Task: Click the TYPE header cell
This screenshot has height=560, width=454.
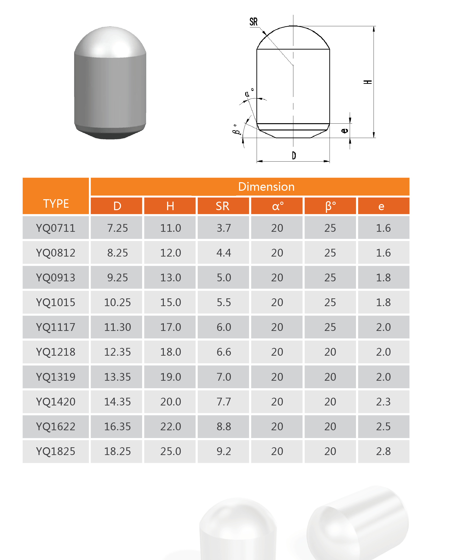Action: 56,196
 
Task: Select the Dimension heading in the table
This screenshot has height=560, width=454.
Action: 266,187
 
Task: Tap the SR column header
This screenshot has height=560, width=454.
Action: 223,206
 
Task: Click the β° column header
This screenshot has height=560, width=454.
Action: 330,206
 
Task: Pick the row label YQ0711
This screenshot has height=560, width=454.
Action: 56,228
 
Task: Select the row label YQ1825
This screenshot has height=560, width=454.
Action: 56,451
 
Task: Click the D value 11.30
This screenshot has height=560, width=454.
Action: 117,327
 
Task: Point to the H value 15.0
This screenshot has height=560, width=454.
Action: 171,302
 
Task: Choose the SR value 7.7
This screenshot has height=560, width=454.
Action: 224,402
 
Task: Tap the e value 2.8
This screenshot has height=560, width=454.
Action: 383,451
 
